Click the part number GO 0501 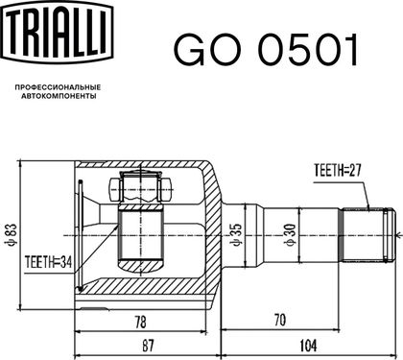tap(266, 49)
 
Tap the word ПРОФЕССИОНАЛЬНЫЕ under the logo tap(58, 87)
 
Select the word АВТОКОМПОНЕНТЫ tap(59, 96)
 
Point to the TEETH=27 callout tap(338, 171)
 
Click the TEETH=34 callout tap(48, 263)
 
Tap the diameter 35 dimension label tap(237, 235)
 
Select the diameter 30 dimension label tap(291, 235)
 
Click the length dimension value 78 tap(140, 322)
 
